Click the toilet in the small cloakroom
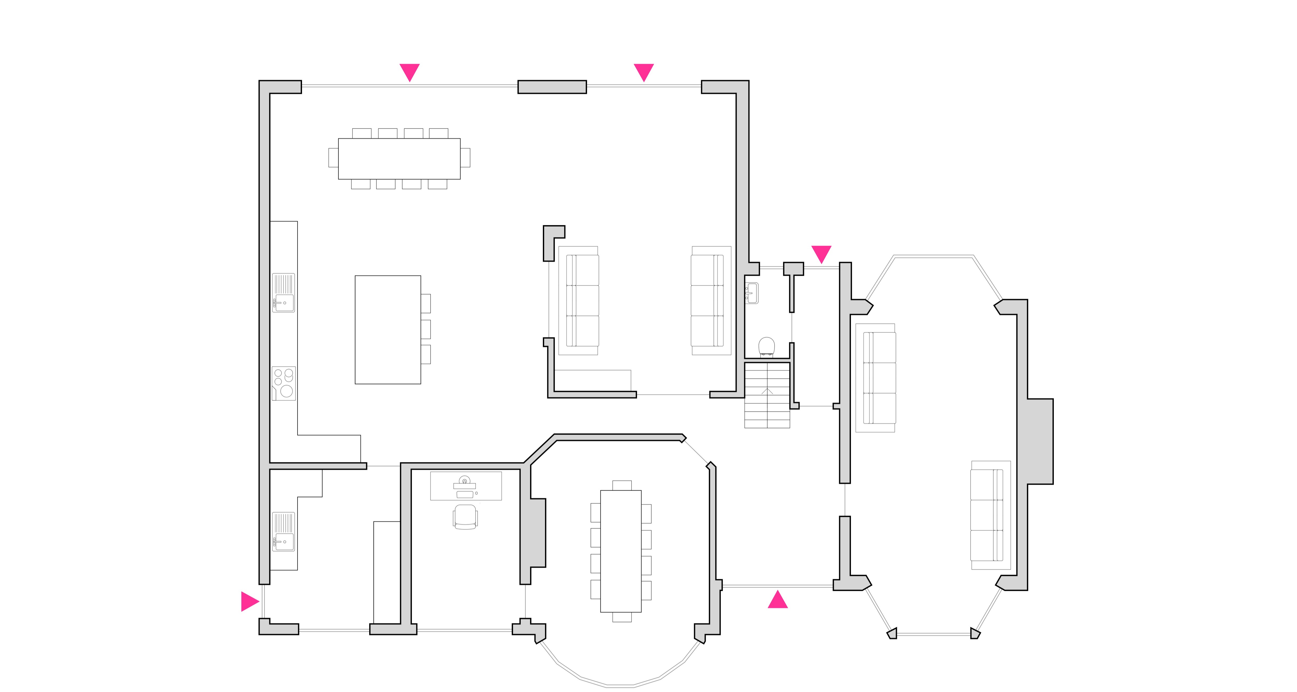pyautogui.click(x=766, y=346)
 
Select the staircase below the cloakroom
pyautogui.click(x=767, y=395)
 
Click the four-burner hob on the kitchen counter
pyautogui.click(x=283, y=383)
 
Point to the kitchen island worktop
pyautogui.click(x=388, y=330)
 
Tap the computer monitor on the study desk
pyautogui.click(x=464, y=481)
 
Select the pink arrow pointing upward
pyautogui.click(x=777, y=600)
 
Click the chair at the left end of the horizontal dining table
pyautogui.click(x=333, y=158)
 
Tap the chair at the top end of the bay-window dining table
pyautogui.click(x=622, y=485)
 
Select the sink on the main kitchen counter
pyautogui.click(x=283, y=293)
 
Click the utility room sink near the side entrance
pyautogui.click(x=283, y=532)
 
